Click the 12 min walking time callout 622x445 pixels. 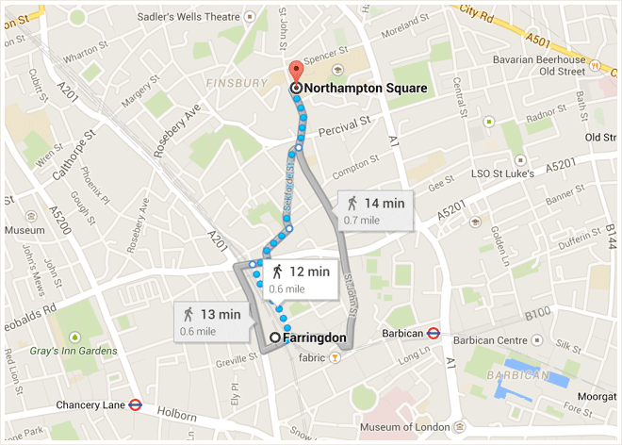[299, 277]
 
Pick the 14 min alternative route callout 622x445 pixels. [375, 208]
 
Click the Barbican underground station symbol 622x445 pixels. [434, 333]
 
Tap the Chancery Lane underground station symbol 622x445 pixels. [136, 404]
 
